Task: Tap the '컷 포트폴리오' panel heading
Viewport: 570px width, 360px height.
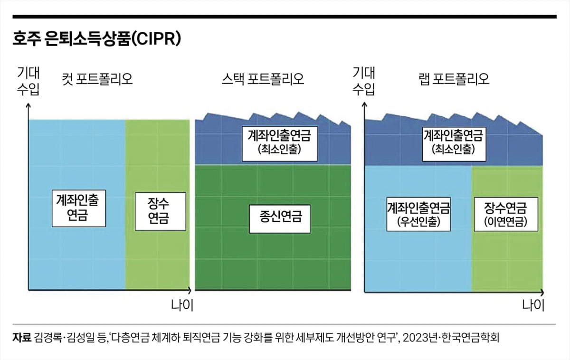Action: tap(97, 78)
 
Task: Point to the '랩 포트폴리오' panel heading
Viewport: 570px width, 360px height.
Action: tap(455, 78)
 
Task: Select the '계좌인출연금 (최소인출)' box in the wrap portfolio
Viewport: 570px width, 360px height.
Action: tap(453, 142)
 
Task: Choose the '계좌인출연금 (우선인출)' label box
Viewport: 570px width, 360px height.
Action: tap(418, 215)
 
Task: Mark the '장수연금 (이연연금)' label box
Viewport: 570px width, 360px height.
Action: tap(505, 215)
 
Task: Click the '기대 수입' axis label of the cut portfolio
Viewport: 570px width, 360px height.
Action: tap(29, 81)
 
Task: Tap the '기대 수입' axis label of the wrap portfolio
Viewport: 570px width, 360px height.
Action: tap(364, 81)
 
